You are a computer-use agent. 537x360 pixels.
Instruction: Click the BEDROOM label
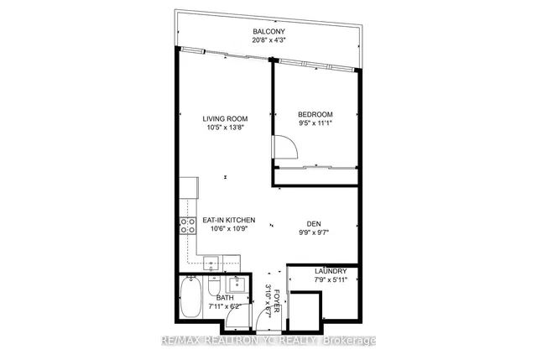pos(316,114)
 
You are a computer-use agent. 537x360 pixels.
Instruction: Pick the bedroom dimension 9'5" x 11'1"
pos(316,123)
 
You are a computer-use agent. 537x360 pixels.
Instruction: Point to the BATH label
pos(224,297)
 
